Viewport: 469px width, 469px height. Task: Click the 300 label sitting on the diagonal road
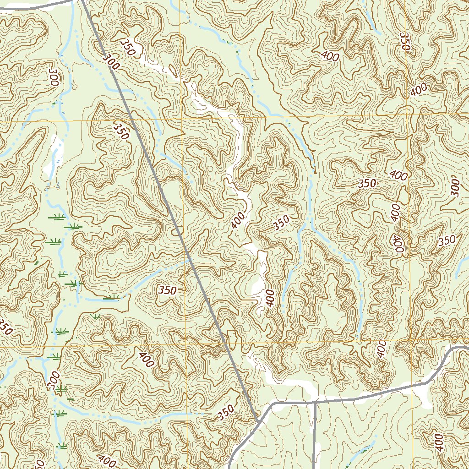coord(111,61)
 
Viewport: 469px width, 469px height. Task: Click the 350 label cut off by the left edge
coord(5,326)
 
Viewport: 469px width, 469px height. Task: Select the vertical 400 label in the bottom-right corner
coord(438,442)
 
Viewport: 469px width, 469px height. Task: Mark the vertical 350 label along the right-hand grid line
coord(404,41)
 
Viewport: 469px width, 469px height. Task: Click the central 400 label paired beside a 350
coord(238,220)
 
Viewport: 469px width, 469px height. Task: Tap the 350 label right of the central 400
coord(281,223)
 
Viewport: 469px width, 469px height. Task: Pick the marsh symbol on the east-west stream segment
coord(111,298)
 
